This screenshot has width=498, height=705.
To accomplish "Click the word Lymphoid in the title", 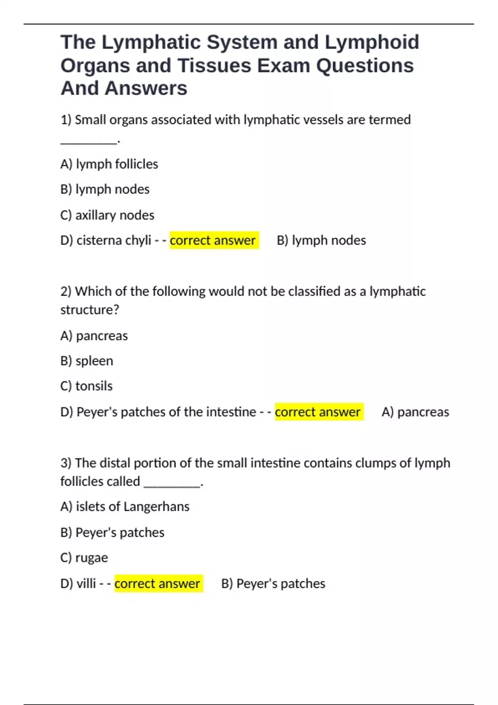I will (x=372, y=42).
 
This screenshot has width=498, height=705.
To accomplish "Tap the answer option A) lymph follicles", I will (x=109, y=164).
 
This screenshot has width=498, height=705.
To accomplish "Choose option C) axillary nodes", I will (x=107, y=215).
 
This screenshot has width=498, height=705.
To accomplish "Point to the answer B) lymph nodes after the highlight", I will (x=321, y=241).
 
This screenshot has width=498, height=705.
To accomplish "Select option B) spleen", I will (x=86, y=361).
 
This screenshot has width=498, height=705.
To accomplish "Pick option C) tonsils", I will (x=86, y=386).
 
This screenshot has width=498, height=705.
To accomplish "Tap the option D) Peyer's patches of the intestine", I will (x=158, y=412).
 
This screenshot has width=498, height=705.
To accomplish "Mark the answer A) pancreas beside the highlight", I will (x=415, y=412).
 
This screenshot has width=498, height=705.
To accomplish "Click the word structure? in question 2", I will (x=90, y=310).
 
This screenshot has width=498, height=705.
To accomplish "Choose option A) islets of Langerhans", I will (x=124, y=507).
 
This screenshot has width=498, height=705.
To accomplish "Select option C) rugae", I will (x=84, y=558).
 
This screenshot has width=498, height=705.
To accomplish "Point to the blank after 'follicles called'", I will (x=172, y=482).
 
